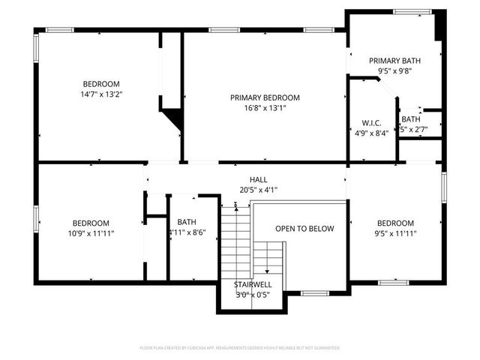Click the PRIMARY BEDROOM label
pos(265,97)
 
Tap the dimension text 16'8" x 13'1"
pos(265,108)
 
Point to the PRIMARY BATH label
pos(394,61)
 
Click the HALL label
pos(258,180)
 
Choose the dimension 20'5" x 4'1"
pos(258,190)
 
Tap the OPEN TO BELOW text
pos(304,229)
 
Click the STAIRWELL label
pos(253,285)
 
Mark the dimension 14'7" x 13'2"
pos(101,94)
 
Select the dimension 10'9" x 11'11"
pos(91,233)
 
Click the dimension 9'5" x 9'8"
pos(394,71)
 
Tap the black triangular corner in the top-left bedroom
pos(174,118)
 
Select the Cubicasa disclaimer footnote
pos(240,348)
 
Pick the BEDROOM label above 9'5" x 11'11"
pos(395,223)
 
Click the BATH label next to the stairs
pos(187,222)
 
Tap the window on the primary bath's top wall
pos(408,11)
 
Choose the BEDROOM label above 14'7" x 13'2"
pos(101,84)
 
